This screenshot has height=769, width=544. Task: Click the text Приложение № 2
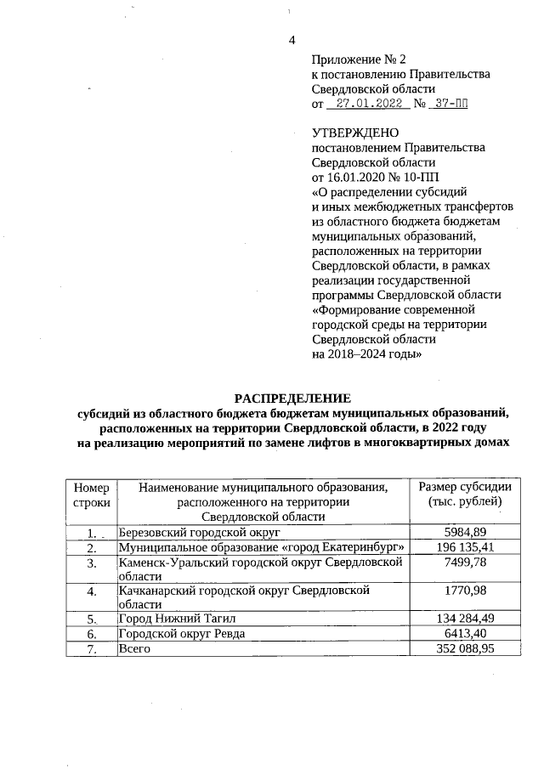pos(360,59)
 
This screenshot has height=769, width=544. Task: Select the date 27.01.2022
pos(367,104)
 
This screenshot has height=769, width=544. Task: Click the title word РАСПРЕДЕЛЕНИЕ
pos(292,398)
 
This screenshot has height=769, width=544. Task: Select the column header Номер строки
pos(92,495)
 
